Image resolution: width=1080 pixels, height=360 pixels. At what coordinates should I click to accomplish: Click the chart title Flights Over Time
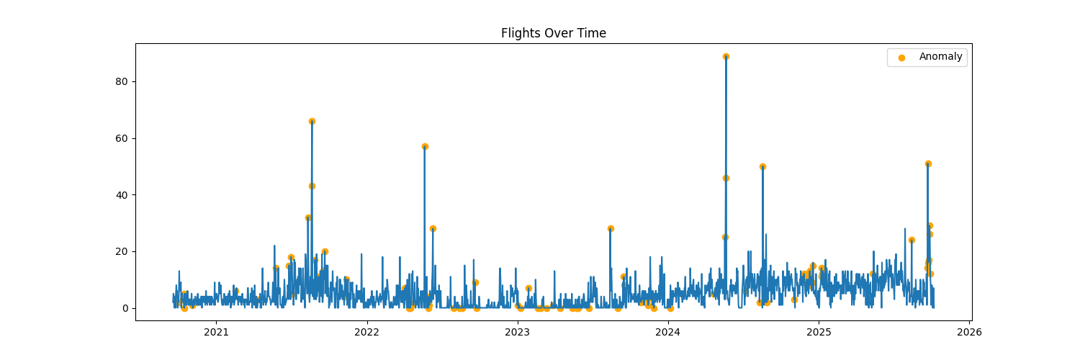tap(553, 33)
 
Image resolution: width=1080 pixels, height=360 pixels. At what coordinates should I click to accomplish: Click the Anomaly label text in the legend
tap(940, 57)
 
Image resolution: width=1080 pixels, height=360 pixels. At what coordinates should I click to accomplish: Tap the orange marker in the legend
tap(901, 58)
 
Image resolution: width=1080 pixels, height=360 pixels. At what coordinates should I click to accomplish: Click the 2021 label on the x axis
tap(216, 332)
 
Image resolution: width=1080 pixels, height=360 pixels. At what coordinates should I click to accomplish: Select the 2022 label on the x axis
tap(366, 332)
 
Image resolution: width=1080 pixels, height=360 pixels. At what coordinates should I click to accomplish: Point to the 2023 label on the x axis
tap(517, 332)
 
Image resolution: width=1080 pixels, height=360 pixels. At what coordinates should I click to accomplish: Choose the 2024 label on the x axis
tap(667, 332)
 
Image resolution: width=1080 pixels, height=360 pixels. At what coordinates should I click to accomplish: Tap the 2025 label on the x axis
tap(819, 332)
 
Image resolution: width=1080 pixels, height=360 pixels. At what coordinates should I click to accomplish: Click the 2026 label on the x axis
tap(969, 332)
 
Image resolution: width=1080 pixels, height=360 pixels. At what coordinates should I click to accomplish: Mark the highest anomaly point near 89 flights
tap(726, 56)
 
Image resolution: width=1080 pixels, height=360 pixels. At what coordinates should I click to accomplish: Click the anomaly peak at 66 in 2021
tap(312, 121)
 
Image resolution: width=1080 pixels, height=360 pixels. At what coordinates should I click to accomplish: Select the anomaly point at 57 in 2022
tap(425, 146)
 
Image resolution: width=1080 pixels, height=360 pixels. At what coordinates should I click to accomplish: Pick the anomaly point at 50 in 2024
tap(762, 166)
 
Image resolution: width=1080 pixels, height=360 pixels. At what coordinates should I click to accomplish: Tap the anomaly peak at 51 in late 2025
tap(928, 163)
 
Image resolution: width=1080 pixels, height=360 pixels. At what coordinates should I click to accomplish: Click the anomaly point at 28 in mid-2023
tap(611, 228)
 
